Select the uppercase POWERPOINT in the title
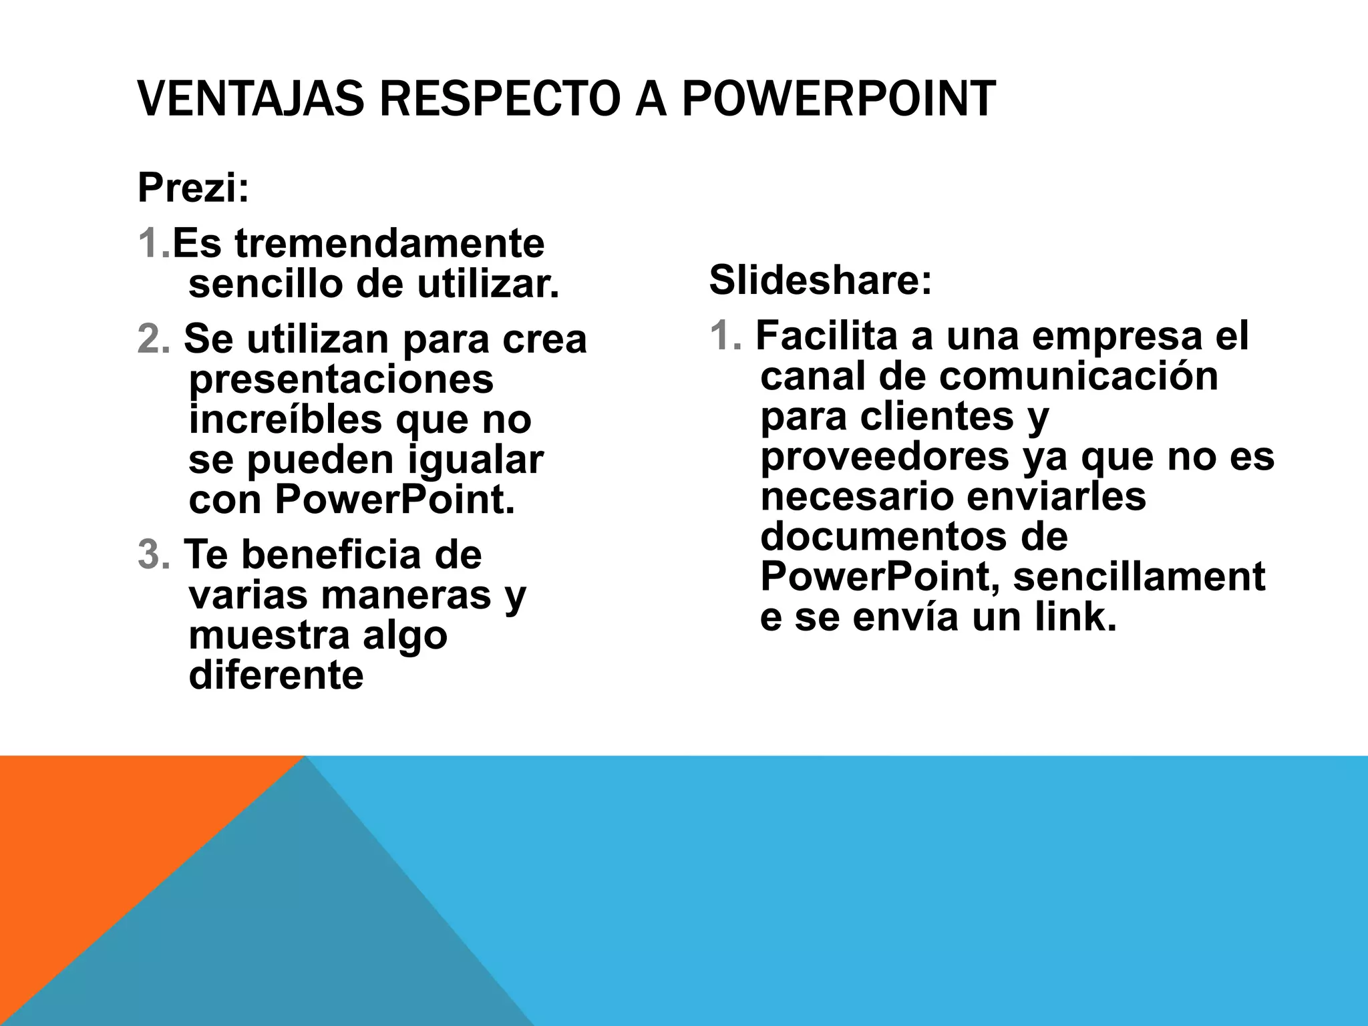(x=839, y=99)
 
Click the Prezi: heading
(x=193, y=188)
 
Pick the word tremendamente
(x=389, y=244)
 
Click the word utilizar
(x=488, y=285)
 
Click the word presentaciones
(x=341, y=379)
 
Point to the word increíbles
(x=286, y=420)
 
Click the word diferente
(x=276, y=675)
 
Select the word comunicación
(x=1079, y=376)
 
